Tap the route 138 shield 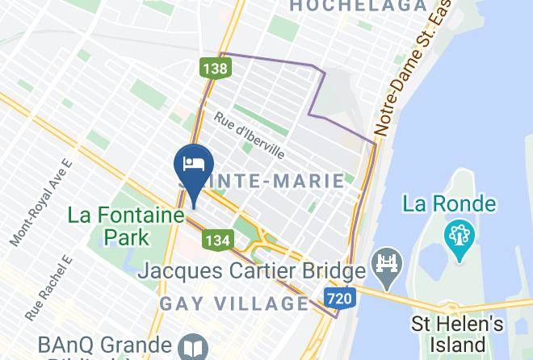click(216, 69)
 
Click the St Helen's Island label click(458, 335)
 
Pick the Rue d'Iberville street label click(249, 135)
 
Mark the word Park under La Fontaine click(127, 237)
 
